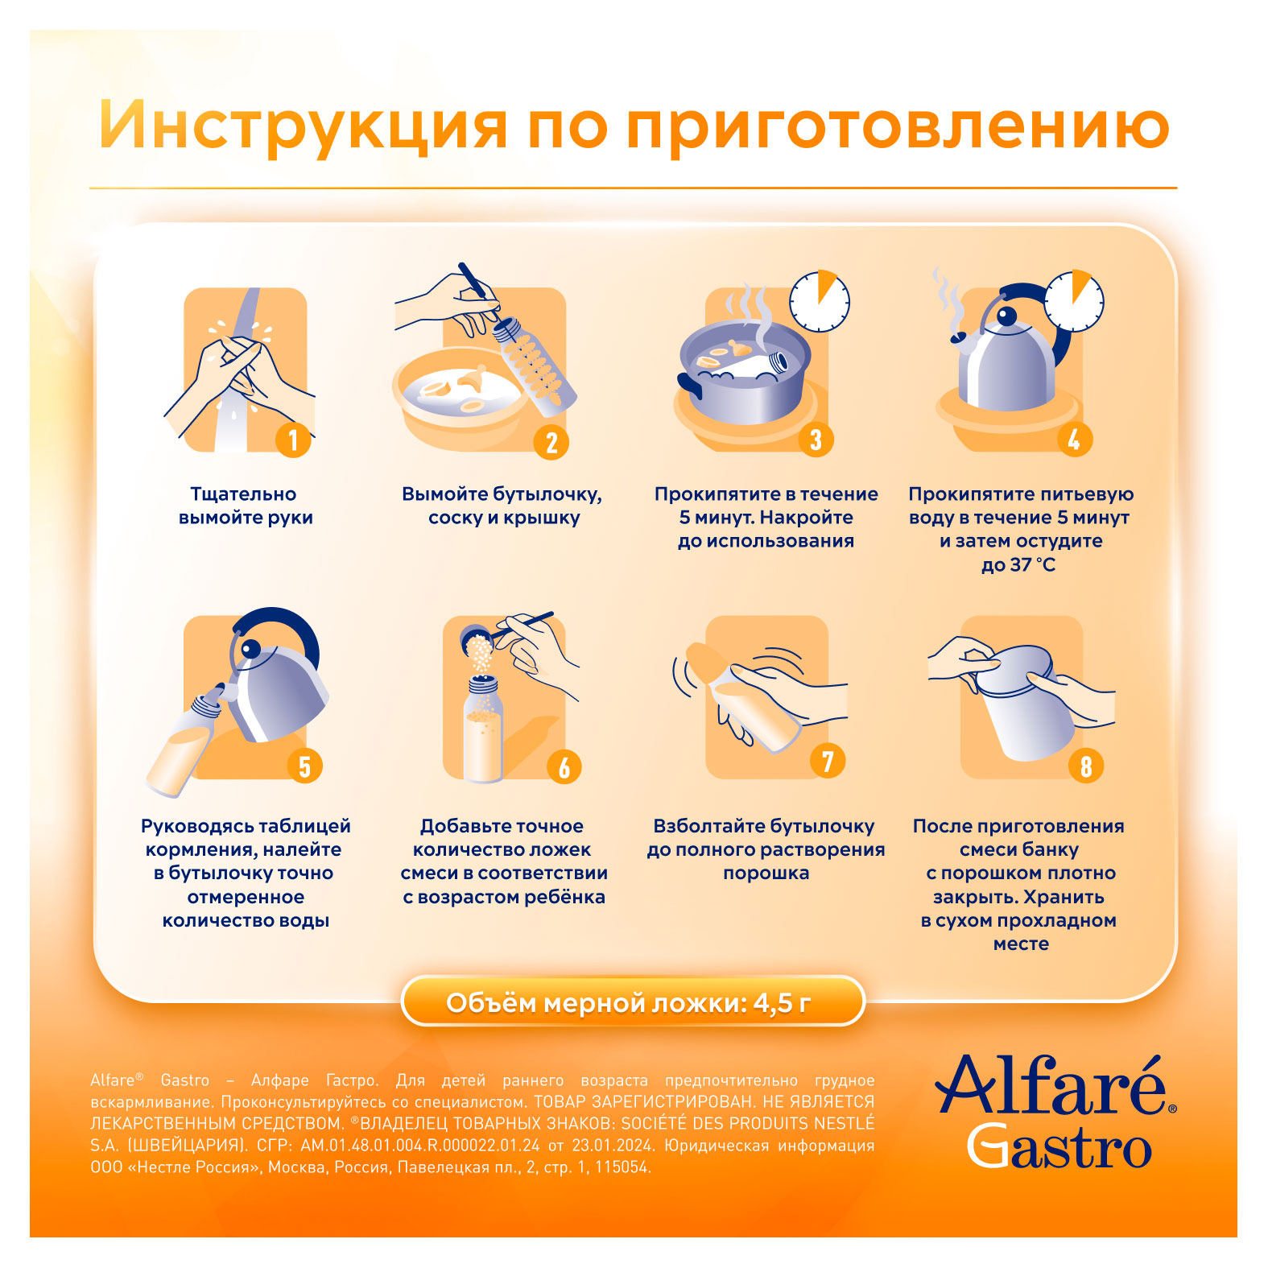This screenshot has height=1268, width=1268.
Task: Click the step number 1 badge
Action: [x=293, y=440]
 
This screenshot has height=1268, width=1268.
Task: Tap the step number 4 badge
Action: [x=1074, y=439]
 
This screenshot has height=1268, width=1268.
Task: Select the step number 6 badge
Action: [x=564, y=766]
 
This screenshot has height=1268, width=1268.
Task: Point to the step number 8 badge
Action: [x=1085, y=766]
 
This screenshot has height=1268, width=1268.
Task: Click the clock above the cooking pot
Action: [x=820, y=302]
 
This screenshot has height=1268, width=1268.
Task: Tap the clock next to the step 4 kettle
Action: [x=1074, y=302]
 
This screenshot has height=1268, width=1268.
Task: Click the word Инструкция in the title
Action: [x=303, y=126]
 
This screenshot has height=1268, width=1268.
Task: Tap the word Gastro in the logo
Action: [x=1059, y=1146]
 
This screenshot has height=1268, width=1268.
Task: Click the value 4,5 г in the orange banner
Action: [x=782, y=1003]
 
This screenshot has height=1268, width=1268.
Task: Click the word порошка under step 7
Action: [x=766, y=874]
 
